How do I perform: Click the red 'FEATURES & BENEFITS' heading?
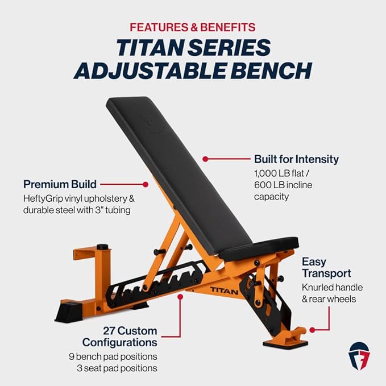pos(193,27)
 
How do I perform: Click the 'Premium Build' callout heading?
pos(60,184)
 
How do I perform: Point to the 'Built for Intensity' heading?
pos(296,159)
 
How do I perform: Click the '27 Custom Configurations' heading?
pos(119,337)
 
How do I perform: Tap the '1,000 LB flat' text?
pos(284,173)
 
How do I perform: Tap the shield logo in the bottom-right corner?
pos(359,355)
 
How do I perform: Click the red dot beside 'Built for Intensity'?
pos(205,159)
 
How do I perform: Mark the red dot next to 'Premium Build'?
pos(146,184)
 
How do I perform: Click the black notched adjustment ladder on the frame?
pos(148,281)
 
